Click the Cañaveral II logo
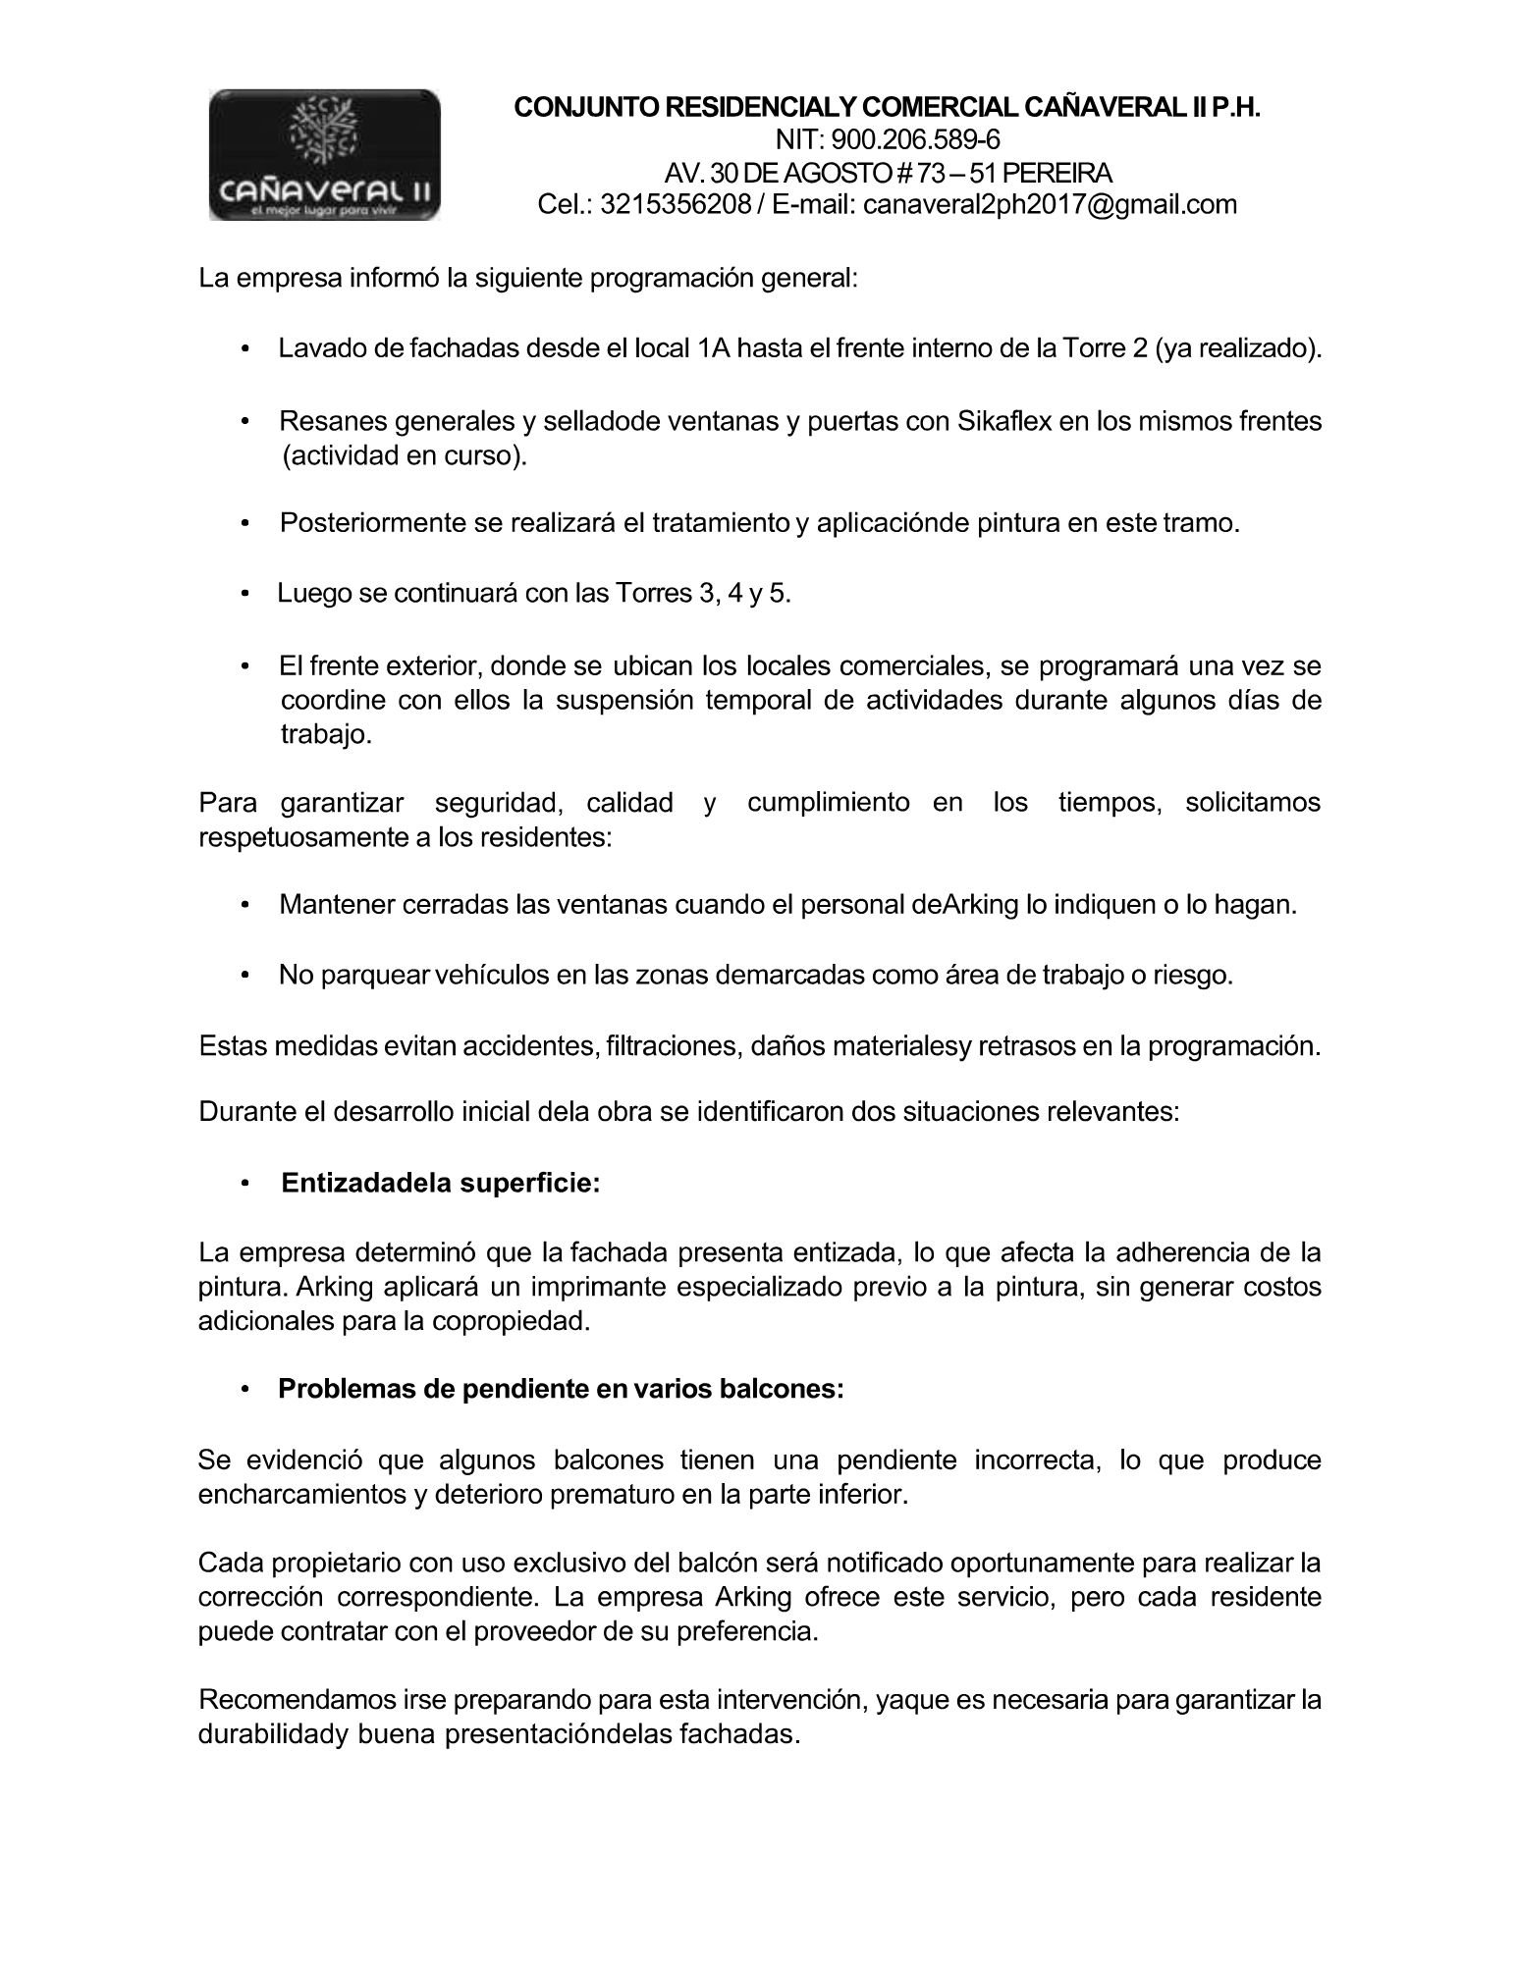point(324,154)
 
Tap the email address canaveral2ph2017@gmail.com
point(1050,204)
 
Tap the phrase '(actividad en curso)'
point(404,455)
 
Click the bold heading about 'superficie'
point(440,1183)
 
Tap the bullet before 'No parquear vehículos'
point(245,976)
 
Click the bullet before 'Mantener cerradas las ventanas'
point(245,904)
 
